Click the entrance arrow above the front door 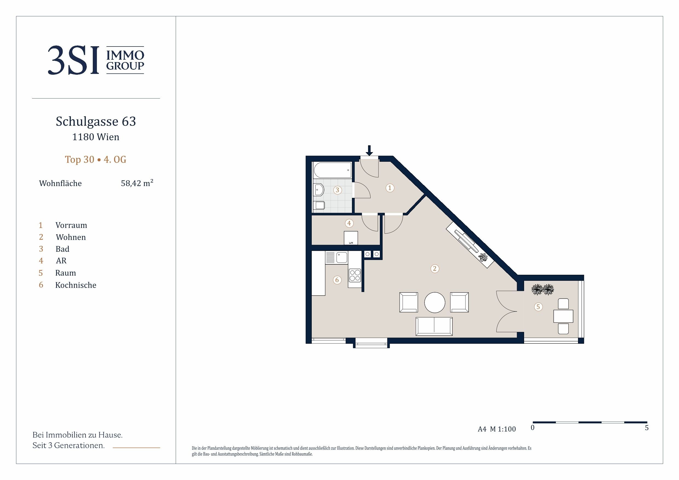[x=369, y=150]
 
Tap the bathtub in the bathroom [x=333, y=170]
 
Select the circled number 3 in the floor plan [x=337, y=190]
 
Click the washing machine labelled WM [x=351, y=238]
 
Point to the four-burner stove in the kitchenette [x=355, y=275]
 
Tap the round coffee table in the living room [x=434, y=302]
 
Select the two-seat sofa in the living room [x=434, y=326]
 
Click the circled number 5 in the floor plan [x=538, y=307]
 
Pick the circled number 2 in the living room [x=434, y=268]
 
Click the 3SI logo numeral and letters [x=73, y=60]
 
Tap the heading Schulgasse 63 [x=96, y=121]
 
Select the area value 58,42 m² [x=137, y=183]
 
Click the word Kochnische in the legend [x=76, y=285]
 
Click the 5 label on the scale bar [x=647, y=428]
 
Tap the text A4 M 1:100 [x=497, y=429]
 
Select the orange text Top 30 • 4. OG [x=96, y=160]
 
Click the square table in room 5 [x=563, y=316]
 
